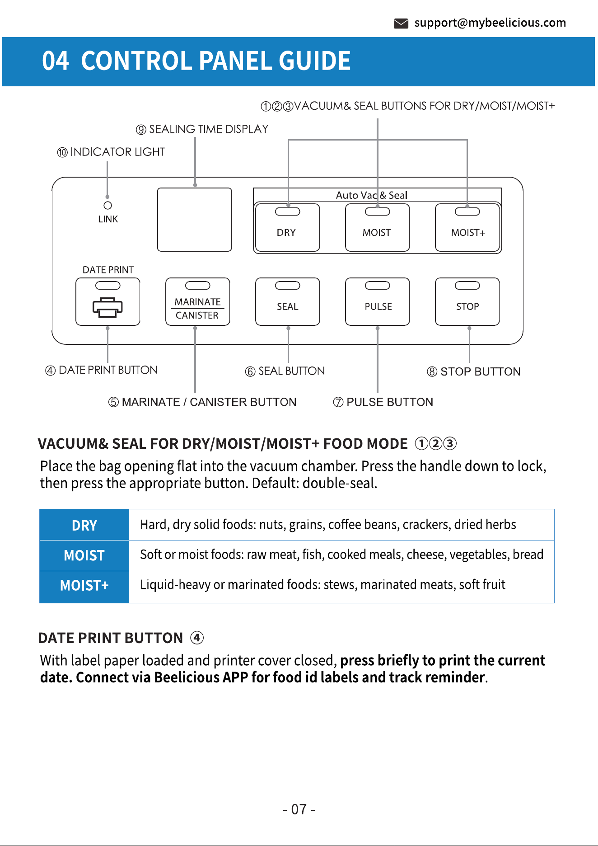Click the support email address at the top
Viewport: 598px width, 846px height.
pyautogui.click(x=490, y=23)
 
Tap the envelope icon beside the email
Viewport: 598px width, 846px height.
pyautogui.click(x=401, y=23)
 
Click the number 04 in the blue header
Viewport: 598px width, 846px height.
pyautogui.click(x=56, y=61)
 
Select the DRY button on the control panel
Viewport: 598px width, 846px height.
pyautogui.click(x=287, y=227)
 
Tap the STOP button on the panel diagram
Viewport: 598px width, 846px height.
pyautogui.click(x=467, y=301)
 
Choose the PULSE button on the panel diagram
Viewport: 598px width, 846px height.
pyautogui.click(x=378, y=301)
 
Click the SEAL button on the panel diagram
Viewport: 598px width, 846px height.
pyautogui.click(x=288, y=301)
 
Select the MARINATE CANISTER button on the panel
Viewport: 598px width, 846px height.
pyautogui.click(x=198, y=301)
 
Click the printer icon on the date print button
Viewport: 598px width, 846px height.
pyautogui.click(x=108, y=308)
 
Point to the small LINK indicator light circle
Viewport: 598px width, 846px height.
pyautogui.click(x=107, y=205)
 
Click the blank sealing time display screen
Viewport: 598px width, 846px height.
pyautogui.click(x=195, y=220)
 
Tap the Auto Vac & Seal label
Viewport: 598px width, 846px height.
pyautogui.click(x=372, y=195)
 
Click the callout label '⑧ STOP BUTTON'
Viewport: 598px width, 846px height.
pyautogui.click(x=474, y=371)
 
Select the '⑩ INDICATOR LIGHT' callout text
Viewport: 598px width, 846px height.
pyautogui.click(x=111, y=152)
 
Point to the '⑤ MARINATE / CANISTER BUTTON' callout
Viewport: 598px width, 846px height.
pyautogui.click(x=202, y=402)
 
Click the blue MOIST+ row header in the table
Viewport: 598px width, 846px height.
pyautogui.click(x=84, y=586)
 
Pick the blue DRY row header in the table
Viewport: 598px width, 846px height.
pyautogui.click(x=84, y=525)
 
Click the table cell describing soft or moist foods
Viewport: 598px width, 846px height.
pyautogui.click(x=341, y=555)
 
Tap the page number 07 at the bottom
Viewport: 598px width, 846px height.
pyautogui.click(x=299, y=809)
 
